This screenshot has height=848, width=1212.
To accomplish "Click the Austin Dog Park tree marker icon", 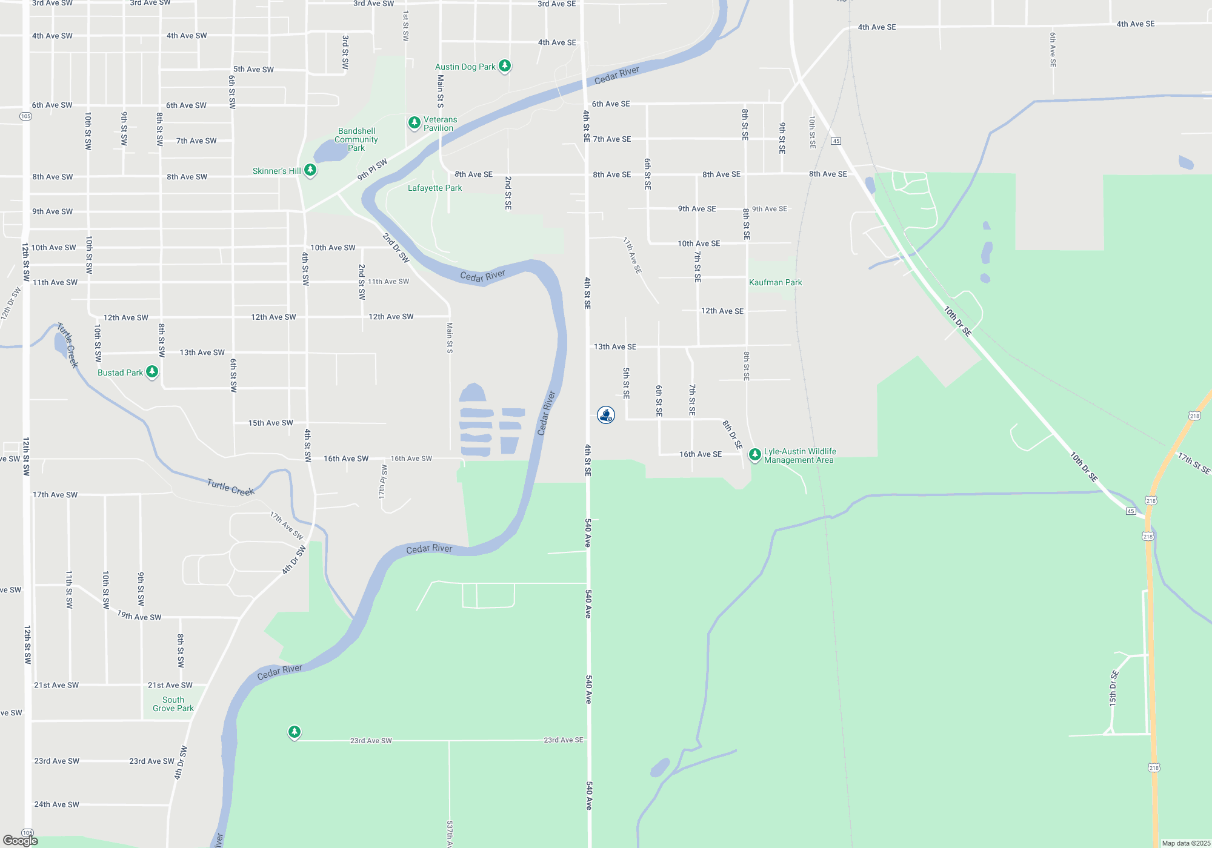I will (x=504, y=65).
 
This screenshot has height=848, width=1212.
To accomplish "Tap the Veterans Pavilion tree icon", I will (x=415, y=123).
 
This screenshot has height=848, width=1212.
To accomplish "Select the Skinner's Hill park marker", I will (x=310, y=170).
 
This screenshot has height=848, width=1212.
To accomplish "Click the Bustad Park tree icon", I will (x=152, y=371).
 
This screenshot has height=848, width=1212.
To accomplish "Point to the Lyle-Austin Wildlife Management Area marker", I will (x=755, y=454).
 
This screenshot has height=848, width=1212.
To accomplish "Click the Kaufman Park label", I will (x=775, y=282).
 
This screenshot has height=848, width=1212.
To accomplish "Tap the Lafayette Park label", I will (x=435, y=188).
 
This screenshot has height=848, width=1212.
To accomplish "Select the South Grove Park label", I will (x=173, y=704).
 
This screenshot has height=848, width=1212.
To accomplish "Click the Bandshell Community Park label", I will (x=357, y=139).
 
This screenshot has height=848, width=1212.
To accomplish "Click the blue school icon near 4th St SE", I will (x=606, y=415).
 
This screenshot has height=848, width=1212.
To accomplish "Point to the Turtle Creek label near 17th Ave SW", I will (x=230, y=487).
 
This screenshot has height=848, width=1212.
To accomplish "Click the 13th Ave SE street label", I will (x=614, y=346).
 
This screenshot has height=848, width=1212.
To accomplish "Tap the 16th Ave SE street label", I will (x=700, y=454).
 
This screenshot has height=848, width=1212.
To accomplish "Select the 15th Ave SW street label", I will (x=270, y=423).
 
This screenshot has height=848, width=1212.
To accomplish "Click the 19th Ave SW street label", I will (x=139, y=615).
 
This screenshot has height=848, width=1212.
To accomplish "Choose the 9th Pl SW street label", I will (x=372, y=170).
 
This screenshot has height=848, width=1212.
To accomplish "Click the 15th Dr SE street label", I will (x=1114, y=688).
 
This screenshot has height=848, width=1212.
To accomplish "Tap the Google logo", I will (x=21, y=841).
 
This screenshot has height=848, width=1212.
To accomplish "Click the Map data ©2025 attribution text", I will (x=1185, y=843).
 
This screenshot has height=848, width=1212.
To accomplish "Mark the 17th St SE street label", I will (x=1193, y=463).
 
